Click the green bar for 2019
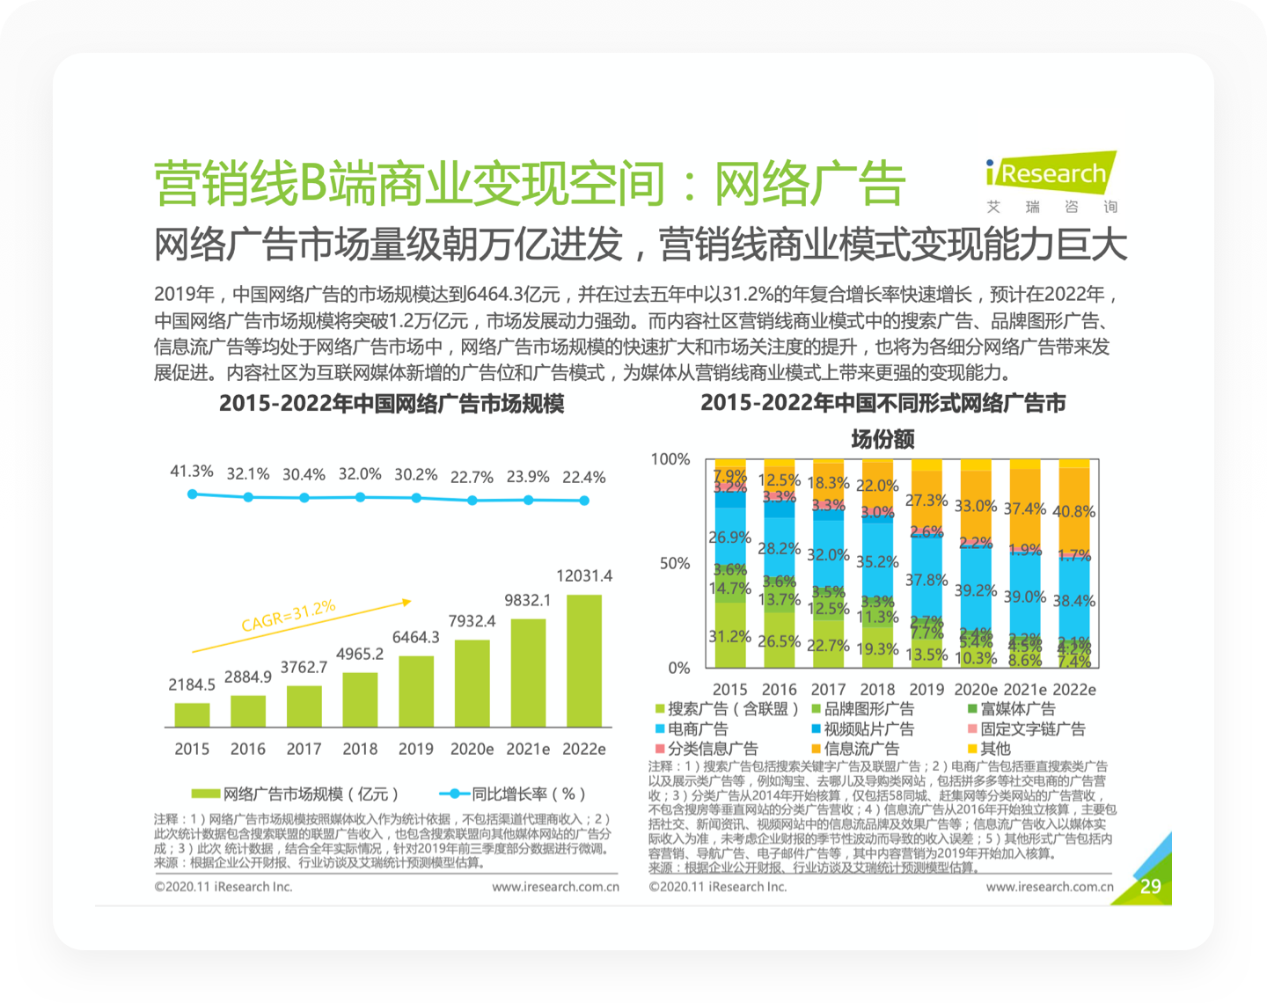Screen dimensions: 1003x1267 (416, 692)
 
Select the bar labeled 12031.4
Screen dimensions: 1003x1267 (583, 661)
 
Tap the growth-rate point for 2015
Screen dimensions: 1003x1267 (193, 494)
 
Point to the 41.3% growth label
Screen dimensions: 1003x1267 (192, 472)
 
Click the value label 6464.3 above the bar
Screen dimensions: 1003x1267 (415, 637)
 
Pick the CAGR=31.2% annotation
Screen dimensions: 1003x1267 (289, 616)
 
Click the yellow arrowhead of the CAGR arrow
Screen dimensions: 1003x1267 (406, 603)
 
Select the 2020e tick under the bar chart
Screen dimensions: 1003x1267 (472, 749)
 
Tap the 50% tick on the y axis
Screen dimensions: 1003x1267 (675, 563)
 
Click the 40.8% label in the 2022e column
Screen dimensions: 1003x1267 (1073, 511)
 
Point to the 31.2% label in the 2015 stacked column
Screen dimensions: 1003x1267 (729, 636)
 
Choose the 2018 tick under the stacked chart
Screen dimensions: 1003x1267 (877, 690)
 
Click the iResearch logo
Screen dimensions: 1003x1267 (1051, 174)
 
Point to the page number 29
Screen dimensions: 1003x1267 (1150, 886)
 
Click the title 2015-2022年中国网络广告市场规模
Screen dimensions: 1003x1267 (392, 404)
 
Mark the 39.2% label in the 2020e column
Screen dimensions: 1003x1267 (976, 590)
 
